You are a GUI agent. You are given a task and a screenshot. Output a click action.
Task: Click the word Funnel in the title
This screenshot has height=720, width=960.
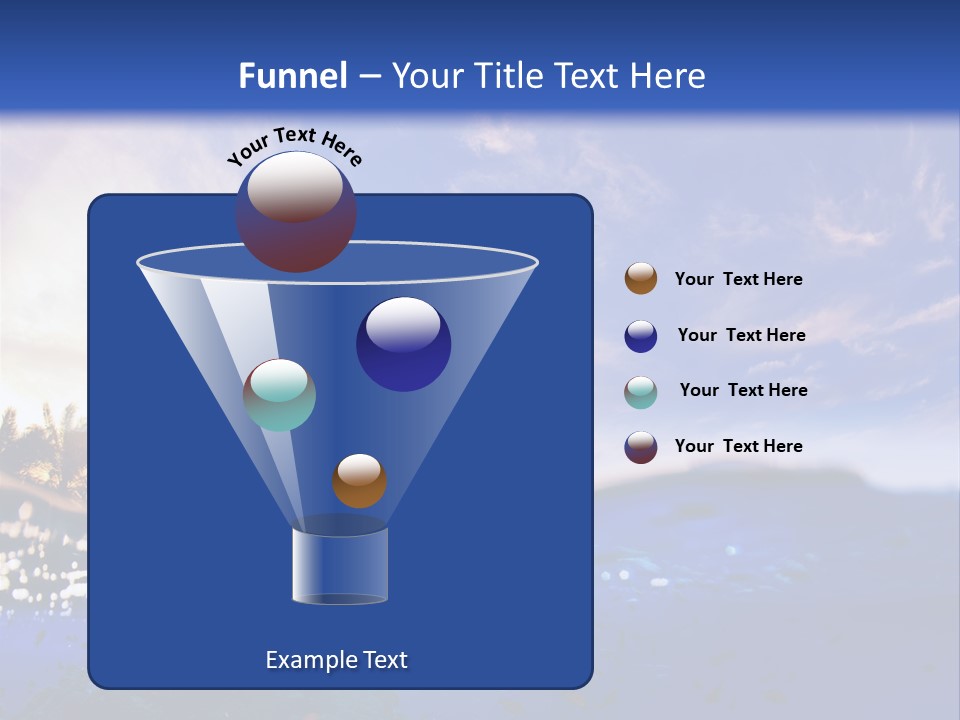click(292, 76)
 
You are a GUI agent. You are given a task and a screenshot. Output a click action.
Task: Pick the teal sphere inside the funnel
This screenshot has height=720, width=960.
click(279, 396)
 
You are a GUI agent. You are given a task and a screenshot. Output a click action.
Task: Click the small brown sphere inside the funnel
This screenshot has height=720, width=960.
click(359, 482)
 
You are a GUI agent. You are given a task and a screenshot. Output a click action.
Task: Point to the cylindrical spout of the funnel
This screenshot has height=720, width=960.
click(340, 566)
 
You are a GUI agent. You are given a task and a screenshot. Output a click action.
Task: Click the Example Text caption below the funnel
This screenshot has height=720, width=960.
click(337, 660)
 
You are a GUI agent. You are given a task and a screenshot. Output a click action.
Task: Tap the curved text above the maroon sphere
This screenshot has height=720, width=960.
click(294, 145)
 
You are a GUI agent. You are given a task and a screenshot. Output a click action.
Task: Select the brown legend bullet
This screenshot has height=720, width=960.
click(641, 279)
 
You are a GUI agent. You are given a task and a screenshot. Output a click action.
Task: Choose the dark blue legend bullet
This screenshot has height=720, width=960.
click(641, 336)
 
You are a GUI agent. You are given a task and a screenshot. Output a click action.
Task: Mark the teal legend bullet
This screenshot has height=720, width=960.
click(641, 391)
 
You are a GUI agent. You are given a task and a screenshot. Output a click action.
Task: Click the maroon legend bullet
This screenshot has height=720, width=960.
click(641, 447)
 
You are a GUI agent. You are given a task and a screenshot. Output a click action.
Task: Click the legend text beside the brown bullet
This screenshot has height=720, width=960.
click(738, 280)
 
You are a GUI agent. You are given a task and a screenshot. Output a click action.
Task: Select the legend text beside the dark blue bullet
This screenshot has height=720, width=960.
click(741, 336)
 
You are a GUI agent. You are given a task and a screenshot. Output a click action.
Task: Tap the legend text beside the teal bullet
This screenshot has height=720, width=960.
click(743, 391)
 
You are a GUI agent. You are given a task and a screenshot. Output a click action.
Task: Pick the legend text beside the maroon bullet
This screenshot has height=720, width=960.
click(738, 447)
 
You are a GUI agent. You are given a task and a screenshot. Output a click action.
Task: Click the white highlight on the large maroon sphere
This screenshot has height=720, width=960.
click(295, 186)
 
